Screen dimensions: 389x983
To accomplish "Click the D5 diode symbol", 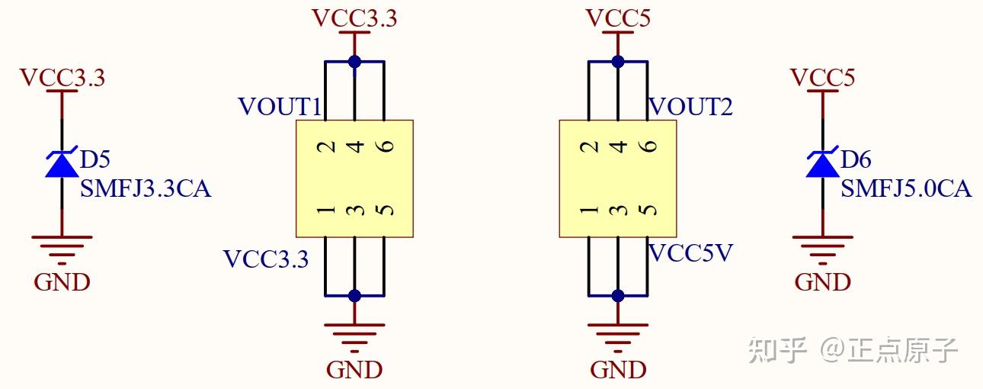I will click(62, 163).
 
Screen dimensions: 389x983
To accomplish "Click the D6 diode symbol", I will click(822, 163).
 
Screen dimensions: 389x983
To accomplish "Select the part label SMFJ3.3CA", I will click(145, 188).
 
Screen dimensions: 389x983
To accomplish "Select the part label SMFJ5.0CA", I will click(906, 188).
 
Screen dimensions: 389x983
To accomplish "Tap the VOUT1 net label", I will click(280, 107).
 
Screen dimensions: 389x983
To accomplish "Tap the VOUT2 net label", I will click(690, 107).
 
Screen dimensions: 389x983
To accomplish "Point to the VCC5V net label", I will click(690, 253).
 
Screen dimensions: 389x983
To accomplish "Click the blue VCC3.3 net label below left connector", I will click(266, 259).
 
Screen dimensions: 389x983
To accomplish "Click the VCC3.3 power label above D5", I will click(62, 78).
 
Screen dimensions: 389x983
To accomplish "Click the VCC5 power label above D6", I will click(822, 78).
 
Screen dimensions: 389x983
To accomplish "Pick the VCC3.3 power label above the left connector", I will click(354, 18).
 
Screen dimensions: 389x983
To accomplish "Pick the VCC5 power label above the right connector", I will click(618, 18).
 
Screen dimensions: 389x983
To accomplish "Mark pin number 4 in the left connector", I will click(354, 146).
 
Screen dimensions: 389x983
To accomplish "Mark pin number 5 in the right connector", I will click(647, 209).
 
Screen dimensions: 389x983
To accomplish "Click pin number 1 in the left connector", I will click(326, 209).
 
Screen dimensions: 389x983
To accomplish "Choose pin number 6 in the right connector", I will click(647, 146).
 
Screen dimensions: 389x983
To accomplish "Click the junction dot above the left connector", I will click(354, 61).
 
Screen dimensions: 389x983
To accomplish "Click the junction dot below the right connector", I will click(618, 295).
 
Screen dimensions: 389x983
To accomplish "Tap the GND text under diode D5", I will click(62, 282).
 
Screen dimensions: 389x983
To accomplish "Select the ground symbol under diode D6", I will click(822, 246).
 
